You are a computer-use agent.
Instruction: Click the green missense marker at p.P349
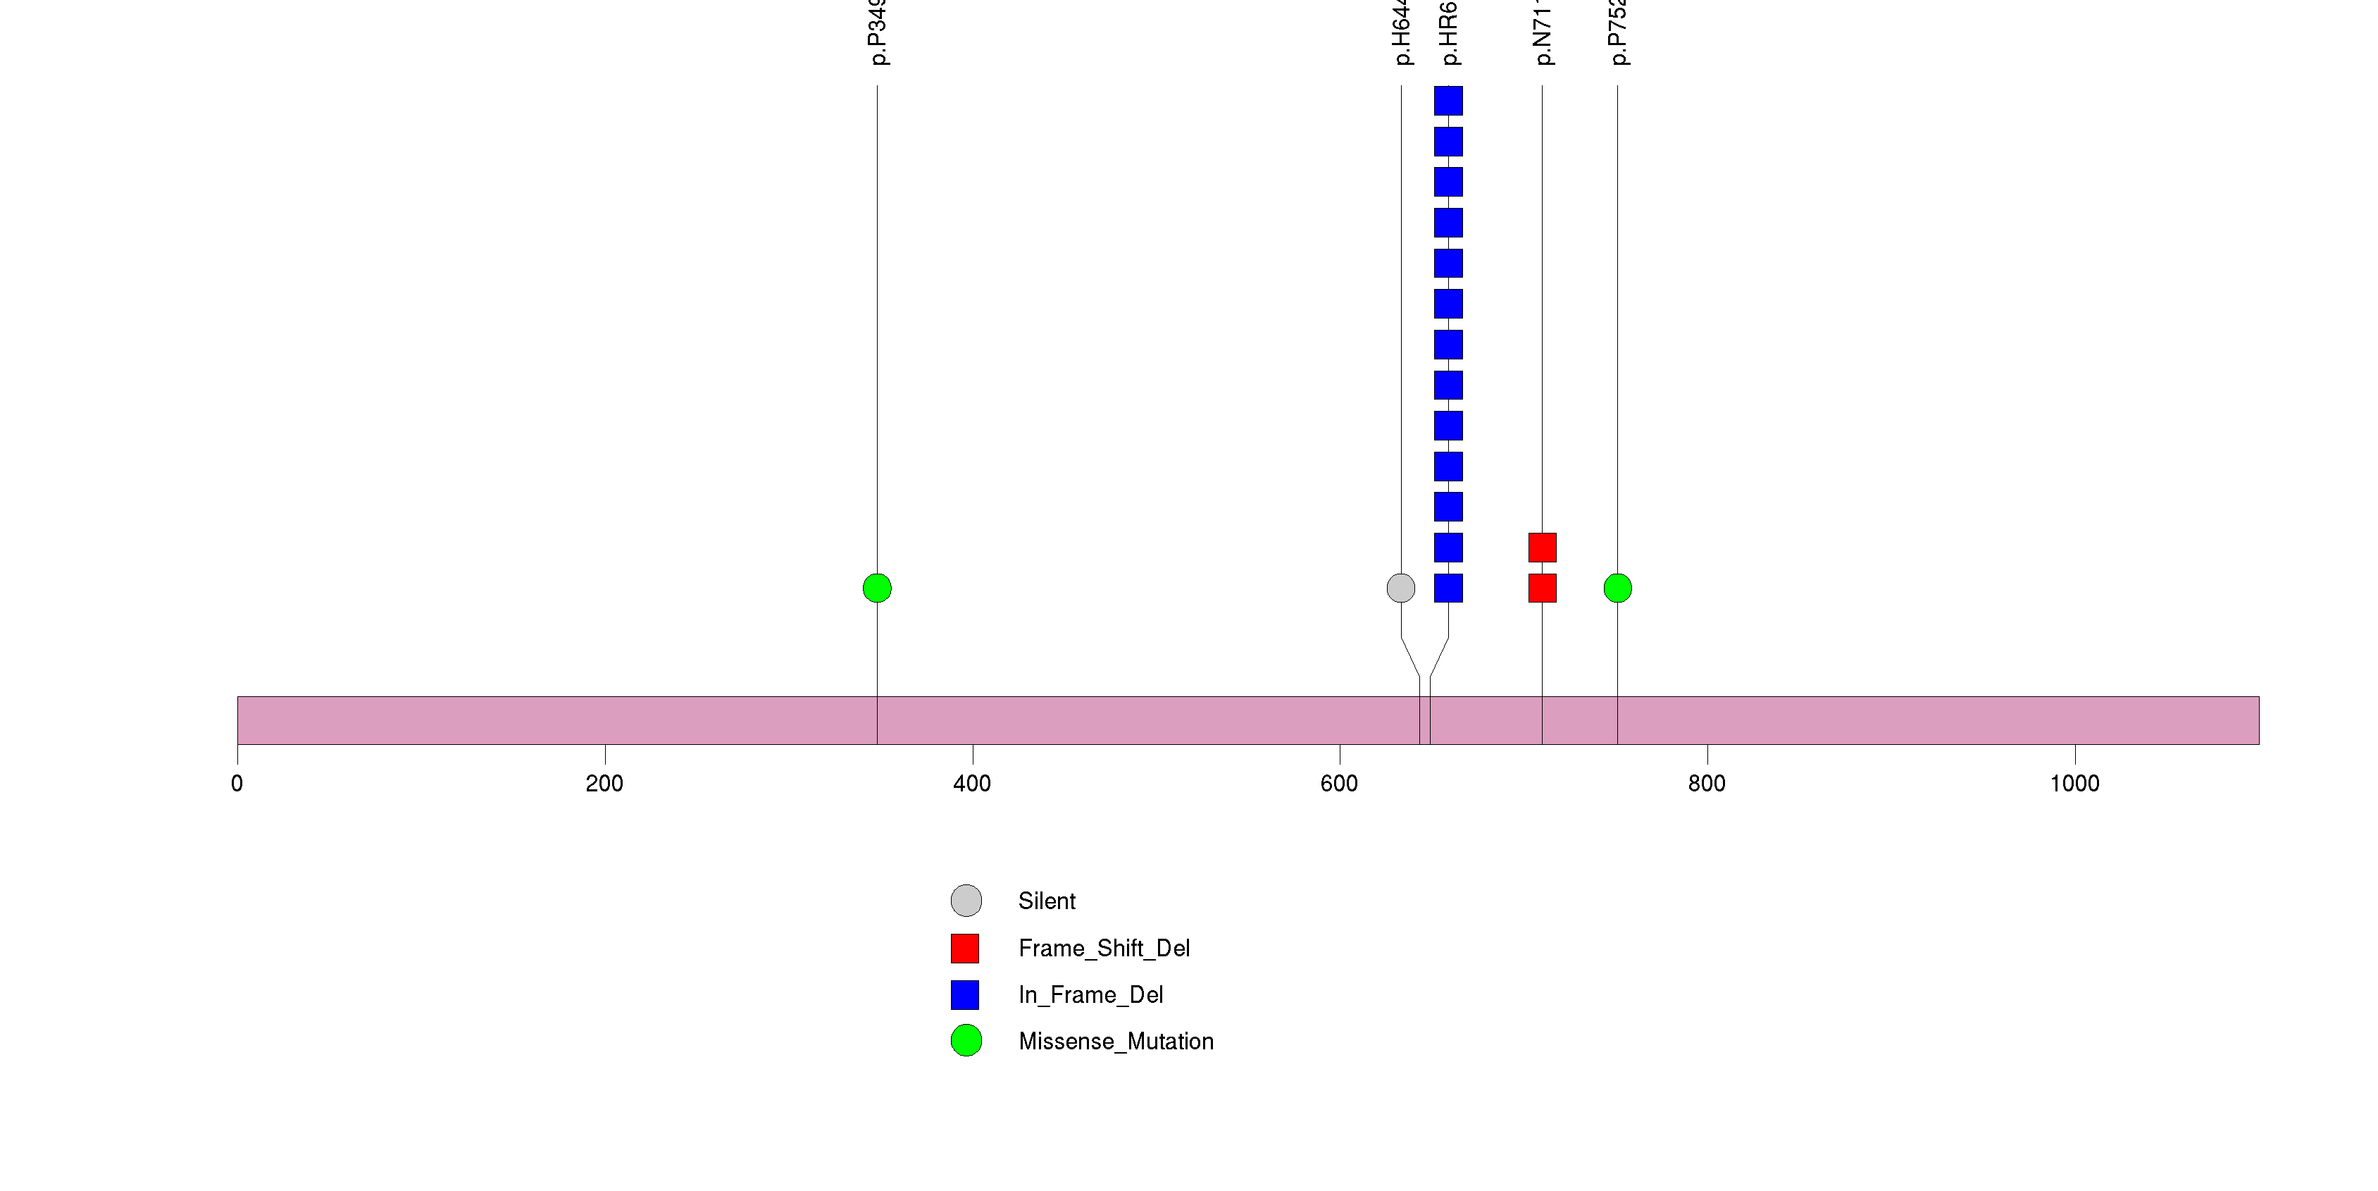(877, 588)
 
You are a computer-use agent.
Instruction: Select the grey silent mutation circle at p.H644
(1400, 588)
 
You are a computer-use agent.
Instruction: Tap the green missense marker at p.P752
(1617, 588)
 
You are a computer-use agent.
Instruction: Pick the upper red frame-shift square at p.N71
(1543, 548)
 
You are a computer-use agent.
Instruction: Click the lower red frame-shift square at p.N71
(1543, 588)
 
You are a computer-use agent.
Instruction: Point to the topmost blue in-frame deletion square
(1448, 101)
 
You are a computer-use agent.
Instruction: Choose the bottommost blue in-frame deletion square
(1448, 588)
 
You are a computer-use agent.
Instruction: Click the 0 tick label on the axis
(237, 784)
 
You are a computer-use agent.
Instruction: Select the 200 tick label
(604, 784)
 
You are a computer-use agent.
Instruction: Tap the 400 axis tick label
(972, 784)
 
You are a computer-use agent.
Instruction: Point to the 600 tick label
(1340, 784)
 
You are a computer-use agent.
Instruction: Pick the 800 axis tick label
(1707, 784)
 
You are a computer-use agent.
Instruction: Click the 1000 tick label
(2074, 784)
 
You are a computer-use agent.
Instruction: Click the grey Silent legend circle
(966, 901)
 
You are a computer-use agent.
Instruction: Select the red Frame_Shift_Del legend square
(966, 948)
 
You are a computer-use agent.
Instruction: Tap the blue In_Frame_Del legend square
(966, 994)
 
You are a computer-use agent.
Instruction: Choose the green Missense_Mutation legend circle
(966, 1040)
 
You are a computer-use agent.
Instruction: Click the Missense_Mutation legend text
(1115, 1042)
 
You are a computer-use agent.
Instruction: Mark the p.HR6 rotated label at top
(1450, 33)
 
